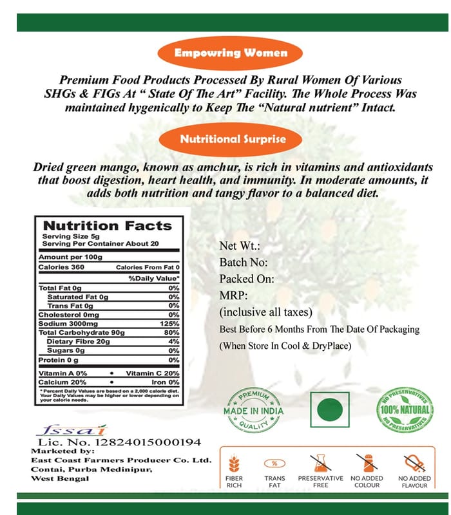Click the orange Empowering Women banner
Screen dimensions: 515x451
(x=231, y=53)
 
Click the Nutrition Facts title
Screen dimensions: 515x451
(x=107, y=226)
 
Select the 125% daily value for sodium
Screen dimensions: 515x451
(x=169, y=323)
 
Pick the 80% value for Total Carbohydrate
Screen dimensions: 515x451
(x=171, y=332)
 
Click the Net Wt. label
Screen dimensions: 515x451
(x=239, y=246)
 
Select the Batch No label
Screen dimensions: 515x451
(x=244, y=263)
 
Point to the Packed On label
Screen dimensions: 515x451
(x=247, y=279)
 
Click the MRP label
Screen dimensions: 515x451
(x=234, y=296)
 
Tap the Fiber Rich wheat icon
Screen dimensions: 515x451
(x=234, y=464)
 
